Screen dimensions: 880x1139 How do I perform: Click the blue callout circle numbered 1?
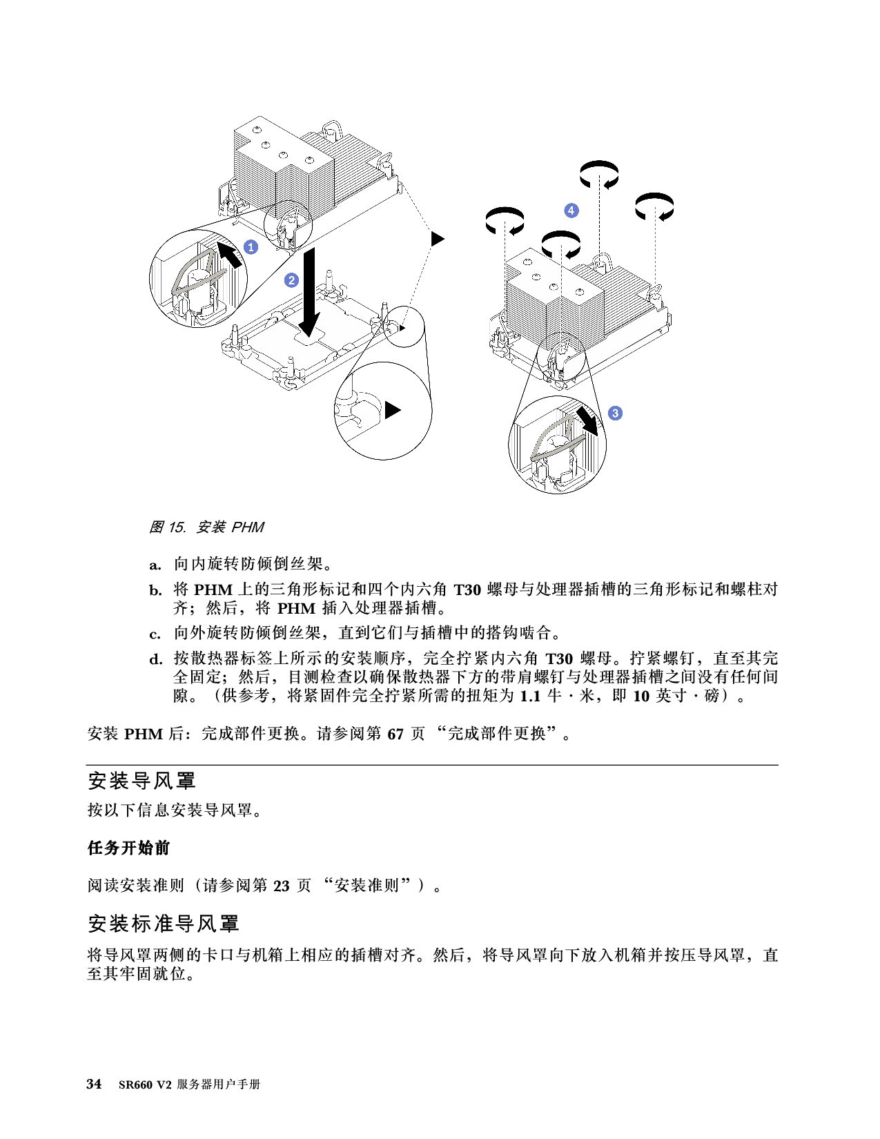(x=251, y=247)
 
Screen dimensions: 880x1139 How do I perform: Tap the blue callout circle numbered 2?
(x=291, y=280)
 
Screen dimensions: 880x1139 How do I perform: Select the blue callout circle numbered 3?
(x=616, y=413)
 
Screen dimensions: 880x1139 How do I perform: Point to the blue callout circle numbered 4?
(x=571, y=211)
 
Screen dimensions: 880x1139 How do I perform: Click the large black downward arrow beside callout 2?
(x=309, y=293)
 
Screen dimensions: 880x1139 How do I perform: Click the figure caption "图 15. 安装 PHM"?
(x=206, y=527)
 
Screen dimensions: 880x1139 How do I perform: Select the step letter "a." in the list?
(x=155, y=565)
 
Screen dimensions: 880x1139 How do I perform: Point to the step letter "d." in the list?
(x=156, y=659)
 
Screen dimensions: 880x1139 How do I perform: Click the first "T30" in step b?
(x=467, y=590)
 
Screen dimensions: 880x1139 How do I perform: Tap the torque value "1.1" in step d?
(x=530, y=696)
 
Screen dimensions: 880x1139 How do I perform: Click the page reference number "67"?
(x=395, y=734)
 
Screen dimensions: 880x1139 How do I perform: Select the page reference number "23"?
(x=282, y=886)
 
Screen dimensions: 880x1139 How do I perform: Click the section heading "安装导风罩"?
(x=141, y=781)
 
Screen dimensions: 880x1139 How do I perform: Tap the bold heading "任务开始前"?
(x=128, y=848)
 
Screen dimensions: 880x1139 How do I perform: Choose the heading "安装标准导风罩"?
(x=164, y=924)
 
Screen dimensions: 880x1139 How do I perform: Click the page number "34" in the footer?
(x=94, y=1084)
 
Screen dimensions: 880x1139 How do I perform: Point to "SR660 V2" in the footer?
(x=145, y=1084)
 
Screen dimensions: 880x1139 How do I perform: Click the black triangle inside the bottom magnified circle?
(x=393, y=410)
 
